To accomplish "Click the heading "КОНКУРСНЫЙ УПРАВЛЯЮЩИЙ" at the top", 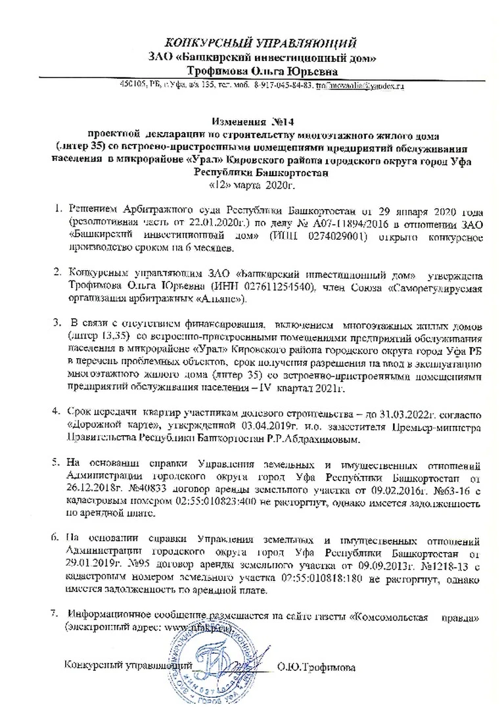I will (x=261, y=43).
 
